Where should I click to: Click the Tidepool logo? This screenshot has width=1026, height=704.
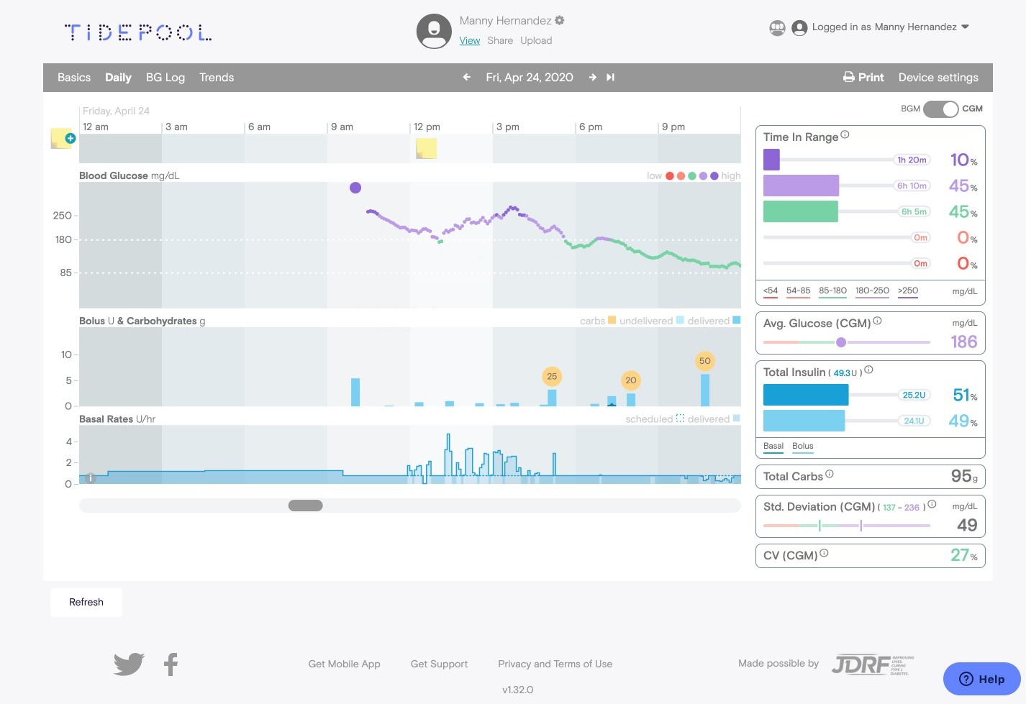[x=138, y=32]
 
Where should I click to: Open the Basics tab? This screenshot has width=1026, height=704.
[x=74, y=78]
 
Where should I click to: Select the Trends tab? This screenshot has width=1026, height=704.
[x=217, y=78]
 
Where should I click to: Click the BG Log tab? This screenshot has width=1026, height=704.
[x=165, y=78]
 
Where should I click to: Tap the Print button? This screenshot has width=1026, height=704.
[x=863, y=78]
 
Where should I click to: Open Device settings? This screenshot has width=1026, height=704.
[x=938, y=78]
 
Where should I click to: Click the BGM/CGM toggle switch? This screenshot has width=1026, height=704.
[x=941, y=109]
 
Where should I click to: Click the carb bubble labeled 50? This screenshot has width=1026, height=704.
[x=704, y=361]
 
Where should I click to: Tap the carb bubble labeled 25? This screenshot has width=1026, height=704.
[x=552, y=376]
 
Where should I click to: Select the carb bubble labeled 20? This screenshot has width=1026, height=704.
[x=631, y=380]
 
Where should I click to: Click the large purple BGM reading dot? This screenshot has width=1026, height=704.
[x=355, y=188]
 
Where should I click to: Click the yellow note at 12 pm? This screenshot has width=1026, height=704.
[x=426, y=148]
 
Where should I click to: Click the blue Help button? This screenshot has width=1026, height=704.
[x=981, y=679]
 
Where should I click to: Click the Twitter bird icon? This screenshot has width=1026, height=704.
[x=129, y=664]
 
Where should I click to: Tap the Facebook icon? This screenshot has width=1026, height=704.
[x=171, y=664]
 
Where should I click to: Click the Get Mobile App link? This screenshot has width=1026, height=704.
[x=344, y=664]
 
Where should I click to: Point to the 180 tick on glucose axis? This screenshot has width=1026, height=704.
[x=64, y=240]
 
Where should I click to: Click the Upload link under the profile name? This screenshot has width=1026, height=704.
[x=536, y=41]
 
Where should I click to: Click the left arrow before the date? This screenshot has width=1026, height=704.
[x=467, y=78]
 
